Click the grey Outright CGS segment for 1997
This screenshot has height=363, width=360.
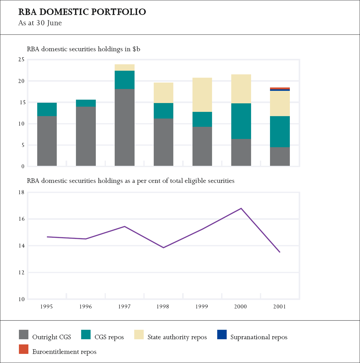(x=124, y=127)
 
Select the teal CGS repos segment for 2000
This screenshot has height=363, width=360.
(x=241, y=121)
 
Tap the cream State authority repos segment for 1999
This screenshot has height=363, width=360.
(x=202, y=95)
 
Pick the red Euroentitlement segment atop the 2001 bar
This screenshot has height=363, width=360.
(x=280, y=88)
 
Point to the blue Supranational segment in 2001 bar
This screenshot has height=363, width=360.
(x=280, y=90)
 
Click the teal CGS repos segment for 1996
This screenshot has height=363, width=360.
(x=86, y=103)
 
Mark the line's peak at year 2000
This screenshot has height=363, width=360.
(x=241, y=208)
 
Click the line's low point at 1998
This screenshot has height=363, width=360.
(x=163, y=248)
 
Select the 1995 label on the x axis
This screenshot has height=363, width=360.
(x=46, y=306)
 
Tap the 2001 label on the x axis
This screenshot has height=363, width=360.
(x=280, y=306)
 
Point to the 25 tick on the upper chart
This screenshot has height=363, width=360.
(x=21, y=60)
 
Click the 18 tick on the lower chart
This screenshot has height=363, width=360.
(x=21, y=192)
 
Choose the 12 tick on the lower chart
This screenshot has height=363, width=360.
(x=21, y=273)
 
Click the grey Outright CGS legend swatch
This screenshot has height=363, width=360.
(x=24, y=335)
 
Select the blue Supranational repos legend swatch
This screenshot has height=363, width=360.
(x=222, y=335)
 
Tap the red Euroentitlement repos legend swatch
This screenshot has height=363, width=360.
(x=24, y=349)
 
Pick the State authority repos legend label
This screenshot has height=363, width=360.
(x=177, y=337)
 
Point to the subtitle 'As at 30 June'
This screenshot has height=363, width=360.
(x=40, y=23)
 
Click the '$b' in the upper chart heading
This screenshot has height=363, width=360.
(x=136, y=49)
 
